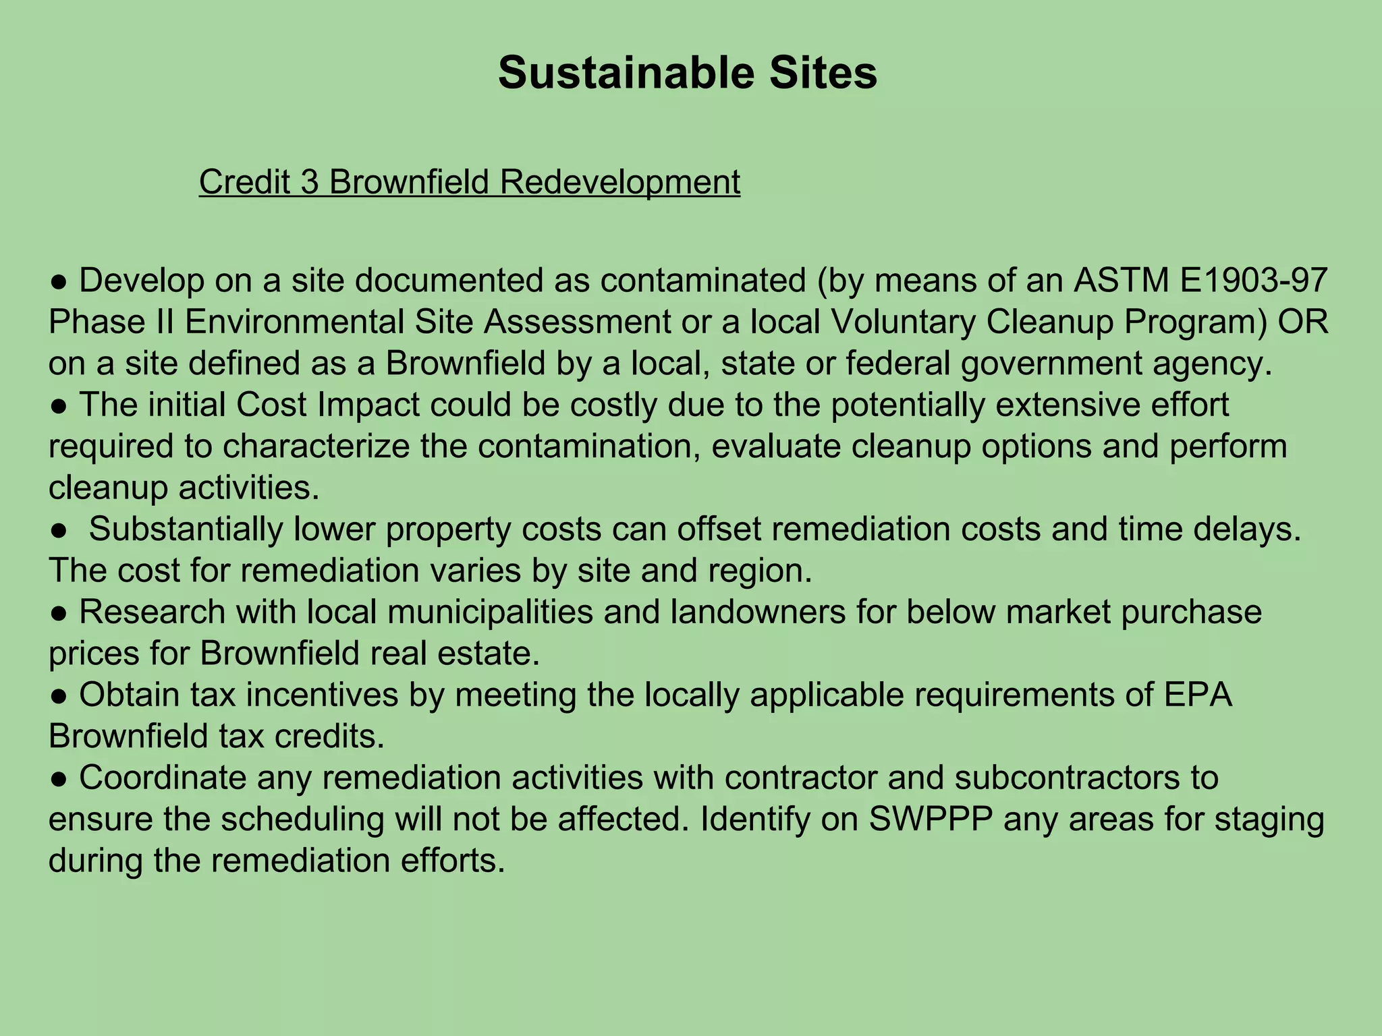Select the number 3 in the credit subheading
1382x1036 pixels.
(x=310, y=182)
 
